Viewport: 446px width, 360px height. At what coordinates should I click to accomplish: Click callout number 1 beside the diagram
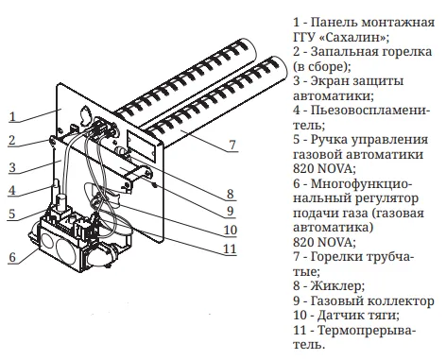point(12,117)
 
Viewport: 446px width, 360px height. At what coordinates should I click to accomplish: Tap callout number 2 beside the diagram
point(12,140)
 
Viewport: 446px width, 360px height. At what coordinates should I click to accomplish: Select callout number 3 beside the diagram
point(12,167)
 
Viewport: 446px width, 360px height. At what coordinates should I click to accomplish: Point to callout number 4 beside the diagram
point(12,190)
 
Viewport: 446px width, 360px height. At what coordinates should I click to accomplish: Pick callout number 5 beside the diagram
point(12,214)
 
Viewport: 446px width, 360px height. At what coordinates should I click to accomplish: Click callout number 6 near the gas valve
point(12,257)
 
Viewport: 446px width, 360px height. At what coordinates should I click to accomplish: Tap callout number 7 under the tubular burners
point(232,145)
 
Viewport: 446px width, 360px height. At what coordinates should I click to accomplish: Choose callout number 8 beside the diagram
point(231,194)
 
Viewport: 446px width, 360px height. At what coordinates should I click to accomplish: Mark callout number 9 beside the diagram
point(231,211)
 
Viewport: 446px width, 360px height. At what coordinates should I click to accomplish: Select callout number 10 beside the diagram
point(231,230)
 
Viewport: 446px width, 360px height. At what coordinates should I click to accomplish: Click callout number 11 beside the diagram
point(230,249)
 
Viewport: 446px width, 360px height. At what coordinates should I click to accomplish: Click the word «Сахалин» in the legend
point(354,37)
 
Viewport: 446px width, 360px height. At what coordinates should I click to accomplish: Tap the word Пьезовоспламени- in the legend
point(370,111)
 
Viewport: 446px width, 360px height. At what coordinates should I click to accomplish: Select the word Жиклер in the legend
point(337,286)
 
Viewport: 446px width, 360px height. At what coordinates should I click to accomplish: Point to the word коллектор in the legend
point(401,300)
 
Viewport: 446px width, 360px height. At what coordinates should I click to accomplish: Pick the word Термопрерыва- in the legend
point(367,330)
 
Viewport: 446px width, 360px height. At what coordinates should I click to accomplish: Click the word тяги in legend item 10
point(386,316)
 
